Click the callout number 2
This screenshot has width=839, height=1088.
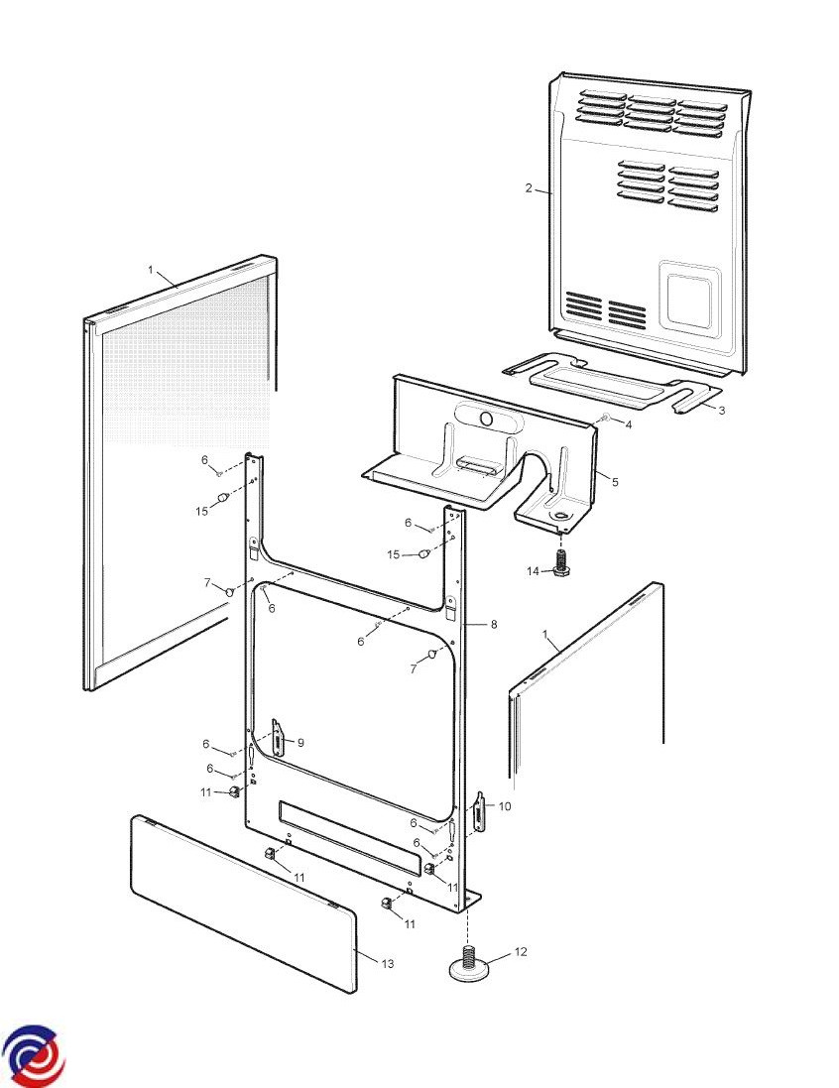coord(529,188)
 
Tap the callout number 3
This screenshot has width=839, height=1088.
coord(722,411)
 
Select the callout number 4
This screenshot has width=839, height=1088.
coord(629,424)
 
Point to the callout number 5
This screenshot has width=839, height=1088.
coord(615,482)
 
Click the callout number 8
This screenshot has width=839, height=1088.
coord(494,625)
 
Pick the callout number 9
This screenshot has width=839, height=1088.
coord(300,743)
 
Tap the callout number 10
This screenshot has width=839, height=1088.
coord(505,806)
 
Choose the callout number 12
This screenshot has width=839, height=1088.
coord(521,952)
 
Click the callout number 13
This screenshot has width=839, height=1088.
coord(387,964)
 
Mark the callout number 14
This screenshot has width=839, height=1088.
coord(533,571)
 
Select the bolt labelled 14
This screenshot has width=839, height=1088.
coord(560,560)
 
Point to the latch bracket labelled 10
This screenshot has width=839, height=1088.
coord(480,811)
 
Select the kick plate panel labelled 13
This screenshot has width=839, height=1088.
coord(244,905)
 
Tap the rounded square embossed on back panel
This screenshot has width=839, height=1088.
coord(689,297)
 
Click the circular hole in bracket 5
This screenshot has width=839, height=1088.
coord(487,420)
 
